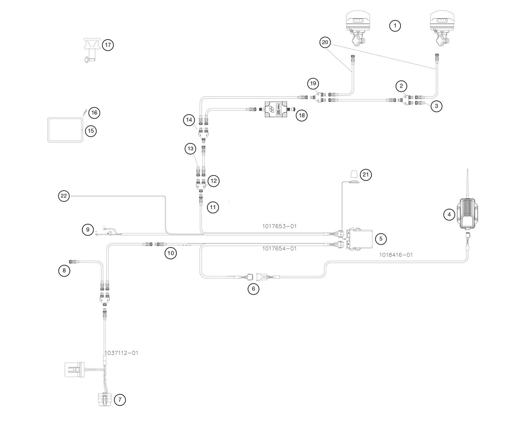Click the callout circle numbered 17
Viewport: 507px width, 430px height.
tap(108, 45)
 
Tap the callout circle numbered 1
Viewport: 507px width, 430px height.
tap(395, 26)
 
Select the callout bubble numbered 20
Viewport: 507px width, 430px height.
tap(325, 42)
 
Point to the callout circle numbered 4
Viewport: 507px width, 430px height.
tap(449, 215)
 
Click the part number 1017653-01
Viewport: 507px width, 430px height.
tap(279, 226)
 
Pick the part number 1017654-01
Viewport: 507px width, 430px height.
tap(279, 248)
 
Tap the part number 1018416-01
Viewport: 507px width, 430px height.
tap(396, 255)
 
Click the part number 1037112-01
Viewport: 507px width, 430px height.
tap(122, 353)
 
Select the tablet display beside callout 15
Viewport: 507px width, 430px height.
tap(65, 130)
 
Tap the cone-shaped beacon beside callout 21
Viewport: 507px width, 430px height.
tap(354, 175)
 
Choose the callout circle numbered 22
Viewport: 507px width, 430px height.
tap(64, 195)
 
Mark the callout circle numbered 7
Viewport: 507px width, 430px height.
tap(120, 400)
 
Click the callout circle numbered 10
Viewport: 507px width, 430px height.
tap(170, 254)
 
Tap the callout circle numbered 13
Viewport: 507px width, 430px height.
tap(191, 149)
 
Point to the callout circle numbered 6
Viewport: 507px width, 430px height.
tap(253, 289)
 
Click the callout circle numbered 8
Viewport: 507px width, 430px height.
tap(64, 271)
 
